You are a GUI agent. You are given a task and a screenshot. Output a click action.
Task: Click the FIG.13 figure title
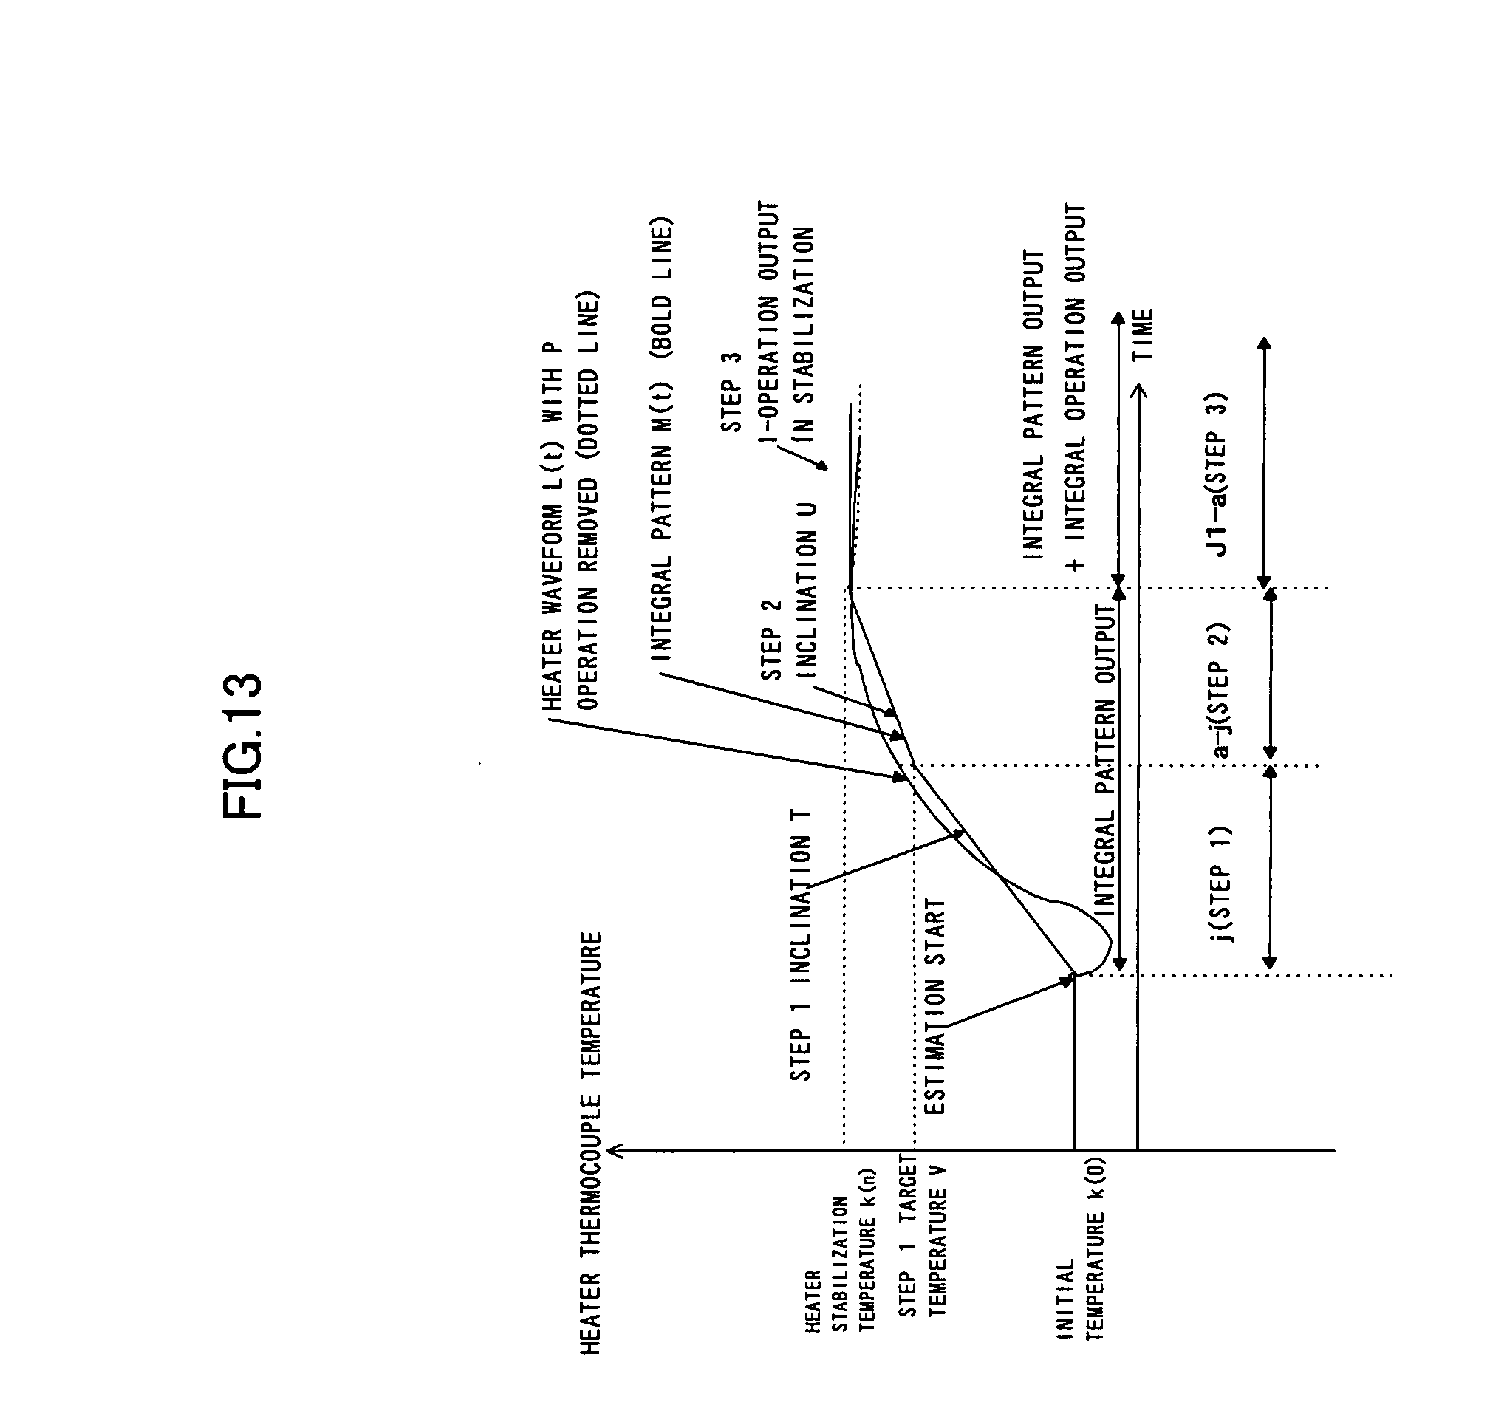(x=242, y=746)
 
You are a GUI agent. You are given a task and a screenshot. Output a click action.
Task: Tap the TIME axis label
(x=1141, y=335)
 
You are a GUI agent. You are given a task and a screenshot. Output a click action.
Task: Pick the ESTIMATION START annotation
(x=935, y=1008)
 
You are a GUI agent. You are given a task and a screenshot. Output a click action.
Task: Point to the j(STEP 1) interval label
(x=1221, y=883)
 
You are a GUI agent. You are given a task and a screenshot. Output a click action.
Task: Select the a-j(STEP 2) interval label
(x=1221, y=691)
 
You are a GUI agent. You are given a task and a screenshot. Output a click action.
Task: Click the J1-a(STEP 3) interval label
(x=1220, y=474)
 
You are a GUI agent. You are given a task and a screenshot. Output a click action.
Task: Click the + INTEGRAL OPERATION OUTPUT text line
(x=1076, y=386)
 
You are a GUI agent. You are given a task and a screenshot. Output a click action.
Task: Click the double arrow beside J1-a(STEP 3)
(x=1263, y=463)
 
